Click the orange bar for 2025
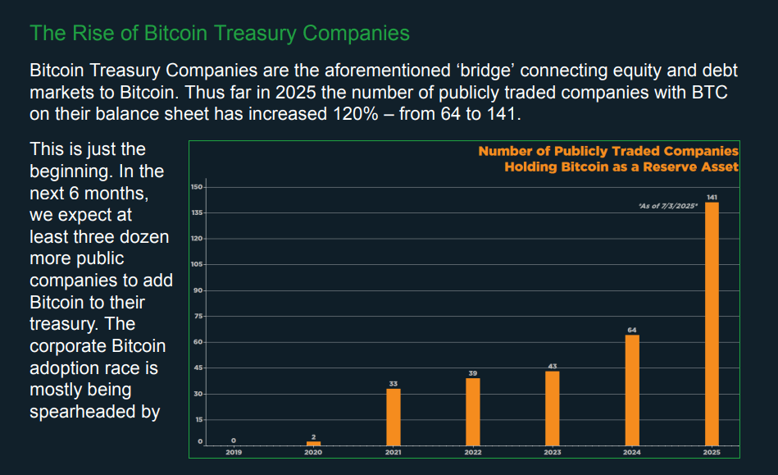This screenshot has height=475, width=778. pyautogui.click(x=712, y=323)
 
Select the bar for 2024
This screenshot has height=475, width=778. pyautogui.click(x=632, y=390)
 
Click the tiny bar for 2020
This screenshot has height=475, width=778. pyautogui.click(x=313, y=443)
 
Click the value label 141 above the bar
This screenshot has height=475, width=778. pyautogui.click(x=712, y=198)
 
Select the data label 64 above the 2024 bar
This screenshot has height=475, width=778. pyautogui.click(x=632, y=330)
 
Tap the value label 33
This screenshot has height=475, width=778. pyautogui.click(x=394, y=383)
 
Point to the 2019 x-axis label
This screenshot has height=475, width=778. pyautogui.click(x=234, y=452)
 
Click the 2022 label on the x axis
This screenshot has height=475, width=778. pyautogui.click(x=473, y=452)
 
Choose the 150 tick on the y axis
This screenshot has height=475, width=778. pyautogui.click(x=197, y=187)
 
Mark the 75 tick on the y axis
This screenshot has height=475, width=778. pyautogui.click(x=198, y=317)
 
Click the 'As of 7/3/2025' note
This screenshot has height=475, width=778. pyautogui.click(x=667, y=206)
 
